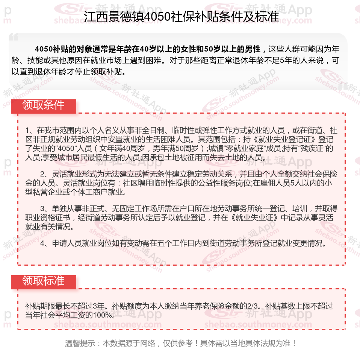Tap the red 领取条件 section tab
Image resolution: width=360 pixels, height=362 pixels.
(44, 105)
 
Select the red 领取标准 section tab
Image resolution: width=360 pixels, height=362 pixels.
(44, 281)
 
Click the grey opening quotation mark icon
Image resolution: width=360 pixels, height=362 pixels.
(13, 37)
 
